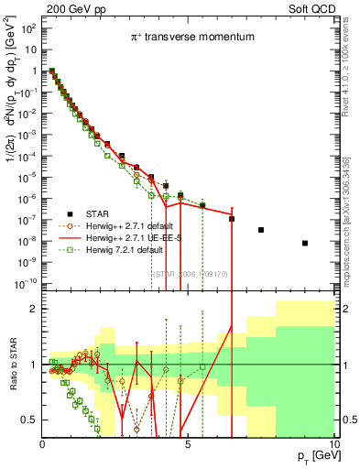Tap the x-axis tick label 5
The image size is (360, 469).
click(x=188, y=444)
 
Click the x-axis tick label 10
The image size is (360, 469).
click(x=332, y=444)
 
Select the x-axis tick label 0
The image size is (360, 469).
click(x=43, y=444)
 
